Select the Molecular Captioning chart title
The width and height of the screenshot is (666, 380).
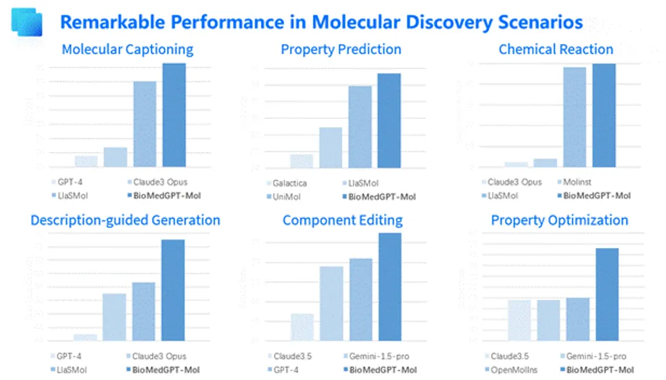click(127, 50)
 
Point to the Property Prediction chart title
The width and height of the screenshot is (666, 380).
click(341, 50)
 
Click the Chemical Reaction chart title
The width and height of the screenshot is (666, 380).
click(555, 50)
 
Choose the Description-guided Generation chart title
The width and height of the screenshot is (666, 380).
click(125, 220)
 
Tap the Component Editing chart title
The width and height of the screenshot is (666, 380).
click(342, 220)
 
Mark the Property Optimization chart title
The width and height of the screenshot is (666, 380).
click(559, 220)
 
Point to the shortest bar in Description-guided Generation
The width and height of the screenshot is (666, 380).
click(86, 337)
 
